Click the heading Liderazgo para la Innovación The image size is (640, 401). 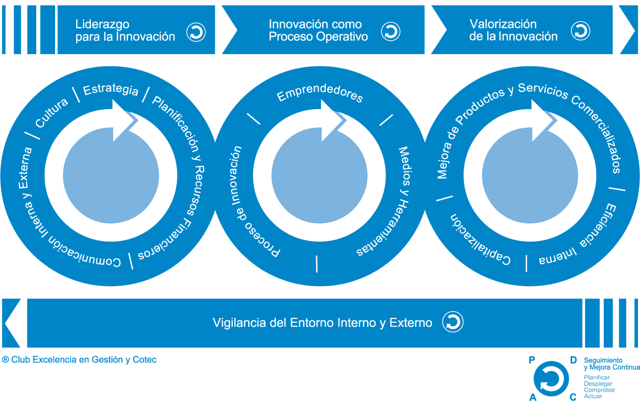click(x=125, y=30)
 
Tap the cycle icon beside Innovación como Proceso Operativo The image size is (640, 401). click(x=391, y=32)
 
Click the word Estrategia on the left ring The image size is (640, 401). click(x=111, y=90)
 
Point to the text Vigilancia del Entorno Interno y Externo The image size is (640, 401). click(x=322, y=323)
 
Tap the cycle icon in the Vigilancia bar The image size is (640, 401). click(x=452, y=322)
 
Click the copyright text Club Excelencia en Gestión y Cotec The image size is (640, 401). click(x=80, y=360)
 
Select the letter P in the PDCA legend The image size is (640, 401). click(x=531, y=360)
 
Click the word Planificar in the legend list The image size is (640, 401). click(x=597, y=378)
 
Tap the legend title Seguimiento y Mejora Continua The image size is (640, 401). click(x=611, y=364)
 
